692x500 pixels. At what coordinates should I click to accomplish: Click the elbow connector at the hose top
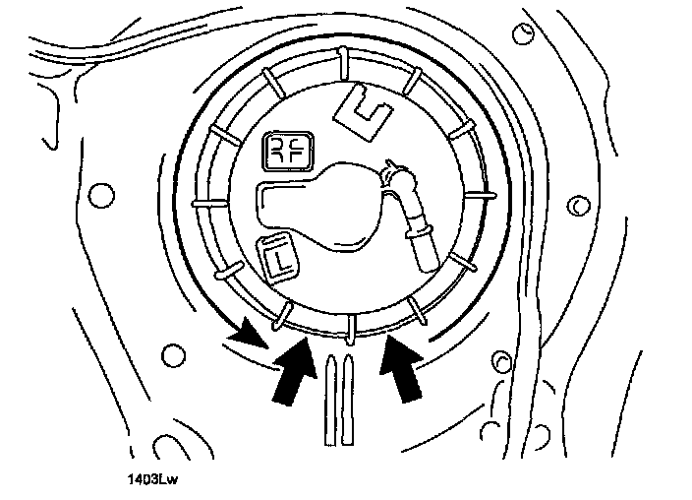tap(398, 180)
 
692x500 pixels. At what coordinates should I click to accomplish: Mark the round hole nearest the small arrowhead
tap(173, 353)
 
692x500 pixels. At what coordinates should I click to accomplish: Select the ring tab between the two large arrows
tap(351, 324)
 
